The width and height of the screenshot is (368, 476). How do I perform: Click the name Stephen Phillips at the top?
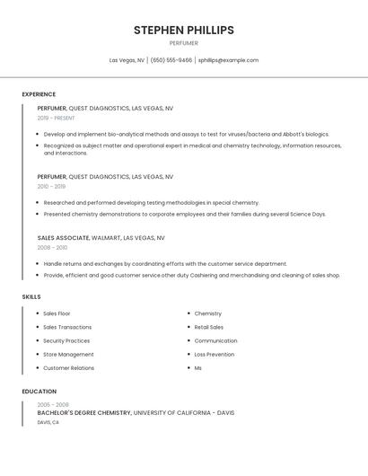click(184, 31)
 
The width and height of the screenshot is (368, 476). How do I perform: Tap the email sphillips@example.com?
click(228, 60)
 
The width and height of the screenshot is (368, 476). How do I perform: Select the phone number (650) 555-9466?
click(171, 60)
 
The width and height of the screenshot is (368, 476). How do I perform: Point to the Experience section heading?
click(39, 94)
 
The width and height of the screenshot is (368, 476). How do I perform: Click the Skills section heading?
click(31, 296)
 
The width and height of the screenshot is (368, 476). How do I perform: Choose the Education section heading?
click(39, 392)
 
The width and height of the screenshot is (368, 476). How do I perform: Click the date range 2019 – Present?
click(56, 118)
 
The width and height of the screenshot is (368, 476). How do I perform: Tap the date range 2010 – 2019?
click(51, 186)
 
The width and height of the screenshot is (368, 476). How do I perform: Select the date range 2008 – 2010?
click(52, 247)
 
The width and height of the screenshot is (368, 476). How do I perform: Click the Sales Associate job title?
click(63, 238)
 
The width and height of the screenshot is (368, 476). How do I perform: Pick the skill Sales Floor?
click(57, 313)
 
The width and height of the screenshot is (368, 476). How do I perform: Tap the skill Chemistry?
click(207, 313)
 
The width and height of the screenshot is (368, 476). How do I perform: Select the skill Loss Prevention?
click(215, 354)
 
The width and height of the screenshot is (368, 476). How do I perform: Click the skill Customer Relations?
click(68, 367)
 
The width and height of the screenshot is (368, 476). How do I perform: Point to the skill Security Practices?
click(66, 340)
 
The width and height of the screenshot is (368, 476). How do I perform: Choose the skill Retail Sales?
click(209, 327)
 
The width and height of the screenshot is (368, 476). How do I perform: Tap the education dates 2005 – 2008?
click(53, 405)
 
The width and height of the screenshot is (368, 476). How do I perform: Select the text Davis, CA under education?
click(48, 422)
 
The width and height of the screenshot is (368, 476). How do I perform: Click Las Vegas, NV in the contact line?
click(127, 60)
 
